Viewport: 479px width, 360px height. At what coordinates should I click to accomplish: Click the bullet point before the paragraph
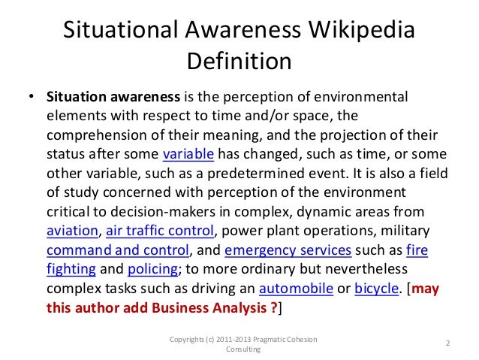pos(31,98)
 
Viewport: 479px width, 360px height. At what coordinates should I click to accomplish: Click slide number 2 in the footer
pos(447,344)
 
